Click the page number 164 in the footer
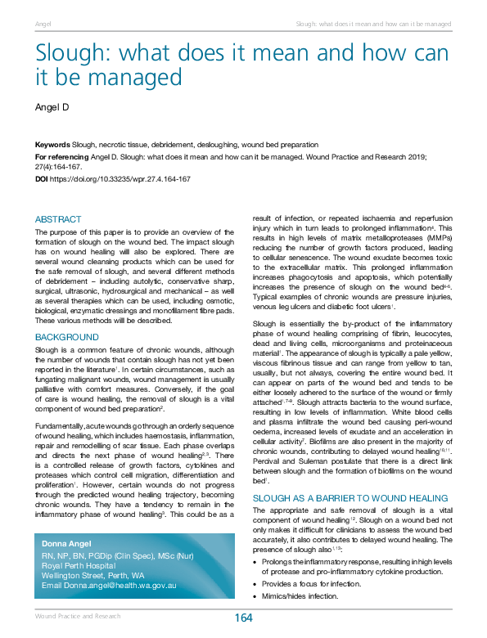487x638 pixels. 243,618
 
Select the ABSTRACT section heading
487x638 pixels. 58,219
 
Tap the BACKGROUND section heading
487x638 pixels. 67,336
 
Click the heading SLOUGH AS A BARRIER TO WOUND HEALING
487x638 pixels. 350,497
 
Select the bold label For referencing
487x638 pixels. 63,155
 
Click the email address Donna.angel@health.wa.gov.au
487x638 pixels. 108,586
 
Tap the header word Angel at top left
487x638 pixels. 43,24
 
